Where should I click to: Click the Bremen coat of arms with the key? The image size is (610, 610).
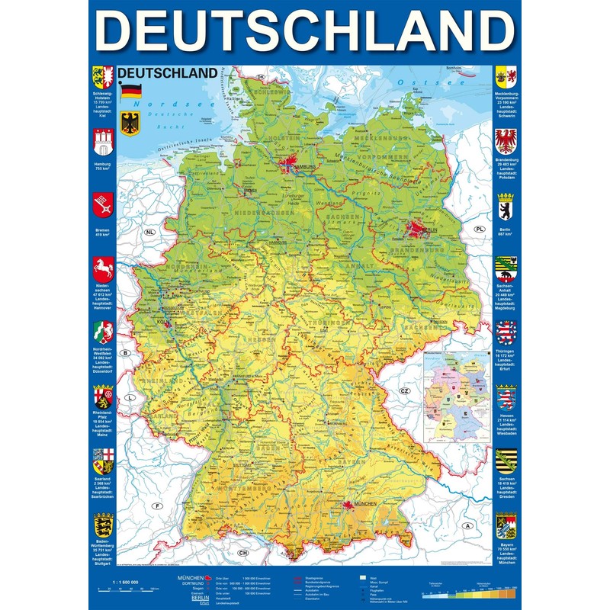pyautogui.click(x=101, y=205)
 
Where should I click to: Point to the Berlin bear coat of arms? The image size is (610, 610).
pyautogui.click(x=506, y=207)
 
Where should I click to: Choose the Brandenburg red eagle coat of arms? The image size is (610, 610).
pyautogui.click(x=506, y=142)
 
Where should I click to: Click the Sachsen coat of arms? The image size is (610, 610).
pyautogui.click(x=506, y=460)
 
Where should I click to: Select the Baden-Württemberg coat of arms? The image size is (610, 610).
pyautogui.click(x=101, y=525)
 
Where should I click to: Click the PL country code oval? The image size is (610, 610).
pyautogui.click(x=480, y=229)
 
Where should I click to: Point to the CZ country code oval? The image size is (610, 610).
pyautogui.click(x=405, y=390)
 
